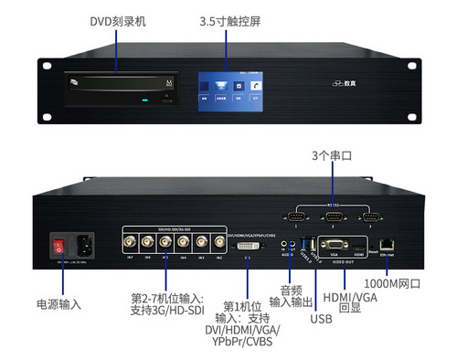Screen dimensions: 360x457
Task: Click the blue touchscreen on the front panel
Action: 228,88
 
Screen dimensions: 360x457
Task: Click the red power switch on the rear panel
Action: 60,244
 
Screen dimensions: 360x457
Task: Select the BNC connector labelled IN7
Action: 132,243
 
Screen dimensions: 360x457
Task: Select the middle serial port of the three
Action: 333,216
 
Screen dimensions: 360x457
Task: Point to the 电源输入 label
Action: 58,302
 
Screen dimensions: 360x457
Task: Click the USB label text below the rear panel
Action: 321,319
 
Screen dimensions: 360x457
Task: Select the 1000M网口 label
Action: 397,284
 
